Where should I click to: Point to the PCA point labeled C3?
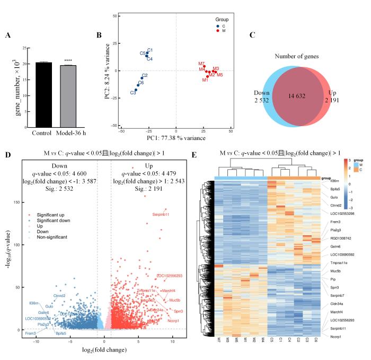(x=135, y=90)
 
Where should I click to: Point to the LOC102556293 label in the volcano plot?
(x=169, y=276)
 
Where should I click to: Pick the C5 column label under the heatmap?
(x=271, y=339)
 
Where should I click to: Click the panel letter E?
(x=195, y=156)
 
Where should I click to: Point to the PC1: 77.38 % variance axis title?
(x=176, y=138)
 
